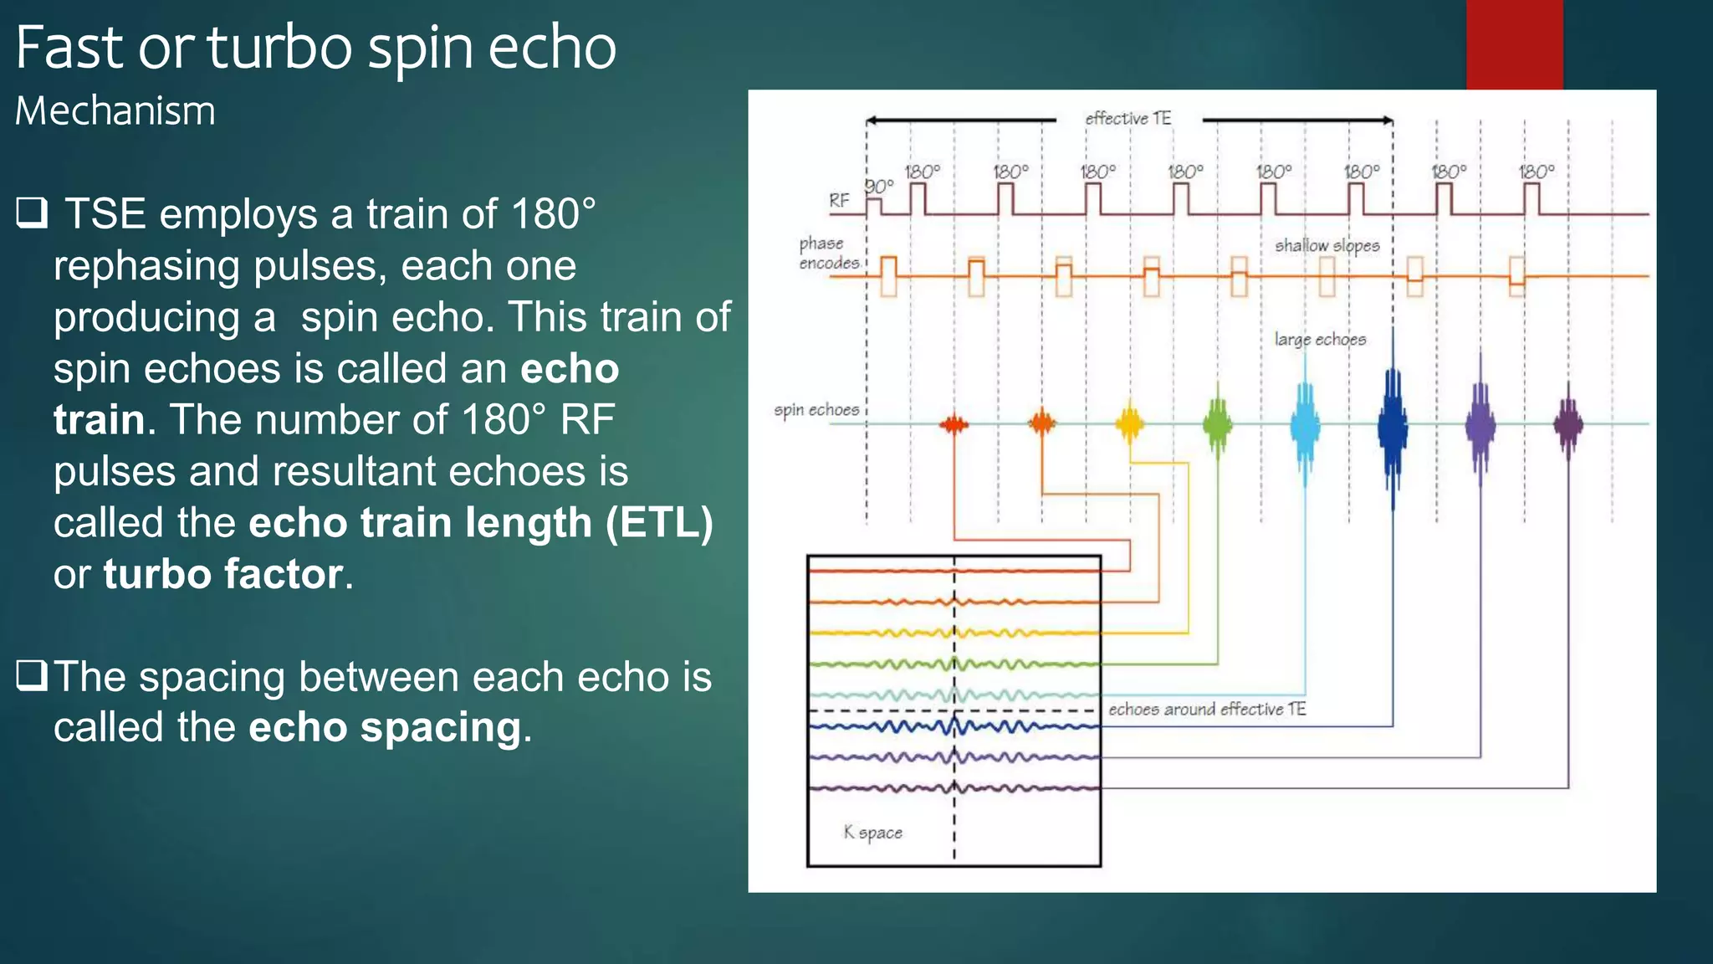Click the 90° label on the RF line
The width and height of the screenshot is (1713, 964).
click(x=878, y=186)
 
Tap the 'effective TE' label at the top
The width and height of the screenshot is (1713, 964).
click(x=1128, y=119)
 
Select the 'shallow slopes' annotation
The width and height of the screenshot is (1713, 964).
click(x=1327, y=245)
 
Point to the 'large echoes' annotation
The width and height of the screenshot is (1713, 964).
click(x=1320, y=339)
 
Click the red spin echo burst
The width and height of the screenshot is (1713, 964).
click(x=954, y=424)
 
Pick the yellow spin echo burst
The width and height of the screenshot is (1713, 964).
click(x=1129, y=423)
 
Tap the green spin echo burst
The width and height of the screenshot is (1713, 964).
click(x=1217, y=424)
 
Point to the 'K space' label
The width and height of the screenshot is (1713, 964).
click(x=872, y=833)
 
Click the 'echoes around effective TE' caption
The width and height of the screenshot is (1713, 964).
click(x=1206, y=710)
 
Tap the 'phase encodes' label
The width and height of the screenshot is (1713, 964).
click(x=828, y=253)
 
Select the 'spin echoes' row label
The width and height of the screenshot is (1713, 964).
click(x=816, y=410)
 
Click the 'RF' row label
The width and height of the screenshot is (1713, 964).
click(x=839, y=201)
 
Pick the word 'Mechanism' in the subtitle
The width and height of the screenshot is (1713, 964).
click(x=115, y=111)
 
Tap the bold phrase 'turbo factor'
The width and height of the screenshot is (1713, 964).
click(x=223, y=574)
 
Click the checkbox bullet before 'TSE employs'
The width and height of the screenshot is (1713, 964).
click(x=32, y=213)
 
